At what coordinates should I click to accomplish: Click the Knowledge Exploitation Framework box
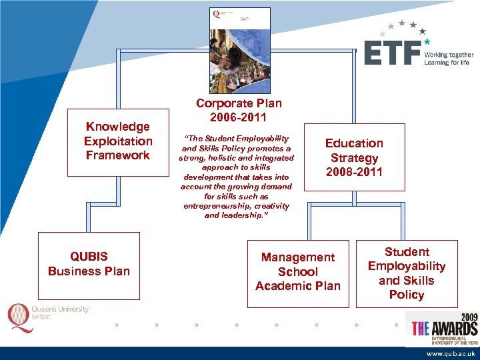pyautogui.click(x=117, y=141)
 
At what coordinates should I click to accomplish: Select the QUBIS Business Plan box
pyautogui.click(x=89, y=265)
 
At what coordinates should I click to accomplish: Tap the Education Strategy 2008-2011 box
pyautogui.click(x=354, y=158)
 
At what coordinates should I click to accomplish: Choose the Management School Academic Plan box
pyautogui.click(x=298, y=272)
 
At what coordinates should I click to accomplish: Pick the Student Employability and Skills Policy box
pyautogui.click(x=407, y=273)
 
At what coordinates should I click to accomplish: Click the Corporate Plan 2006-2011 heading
pyautogui.click(x=239, y=111)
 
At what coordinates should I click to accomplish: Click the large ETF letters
pyautogui.click(x=393, y=53)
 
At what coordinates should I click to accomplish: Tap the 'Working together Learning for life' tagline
pyautogui.click(x=447, y=58)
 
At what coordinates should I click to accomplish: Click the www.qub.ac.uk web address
pyautogui.click(x=451, y=353)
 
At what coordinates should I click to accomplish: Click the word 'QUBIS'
pyautogui.click(x=89, y=257)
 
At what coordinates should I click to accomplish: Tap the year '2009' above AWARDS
pyautogui.click(x=465, y=317)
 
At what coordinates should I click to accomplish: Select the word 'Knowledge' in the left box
pyautogui.click(x=117, y=127)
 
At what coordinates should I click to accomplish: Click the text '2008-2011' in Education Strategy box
pyautogui.click(x=354, y=173)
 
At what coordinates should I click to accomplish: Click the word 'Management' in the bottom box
pyautogui.click(x=298, y=257)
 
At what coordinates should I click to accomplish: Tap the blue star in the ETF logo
pyautogui.click(x=427, y=41)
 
